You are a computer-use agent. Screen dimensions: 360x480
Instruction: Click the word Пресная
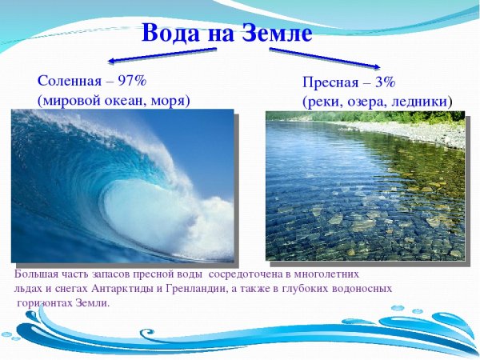coord(334,82)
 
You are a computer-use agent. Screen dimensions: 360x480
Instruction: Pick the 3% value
coord(386,82)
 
